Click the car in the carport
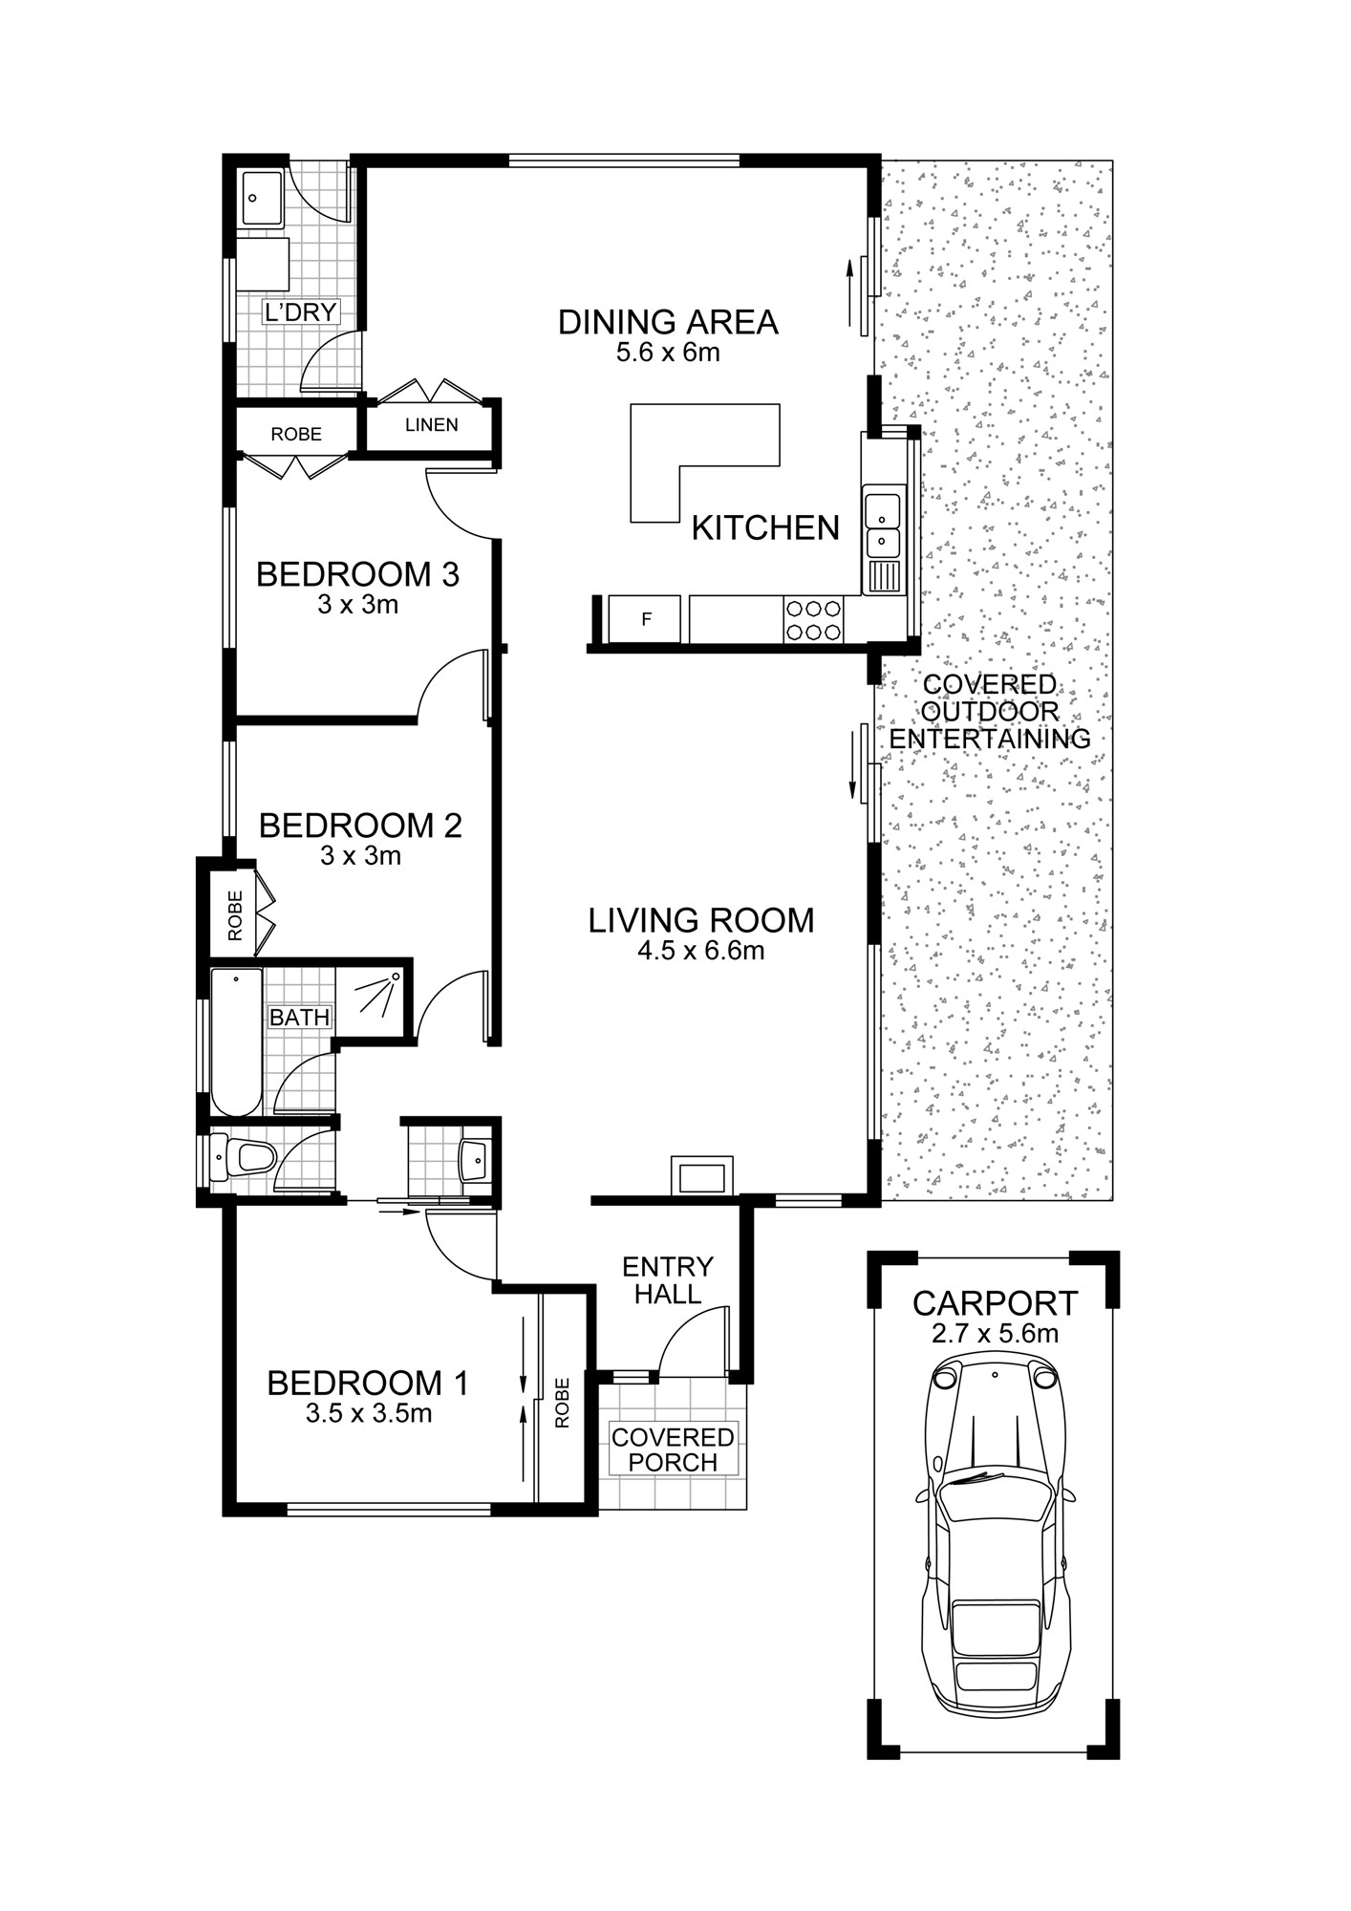click(x=994, y=1535)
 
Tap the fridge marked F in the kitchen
click(x=645, y=619)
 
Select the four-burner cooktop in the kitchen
click(x=813, y=618)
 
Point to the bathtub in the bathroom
click(x=236, y=1041)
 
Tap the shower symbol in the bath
click(x=375, y=997)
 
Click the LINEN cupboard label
click(x=432, y=424)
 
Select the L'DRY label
click(x=300, y=312)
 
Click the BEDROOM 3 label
click(x=357, y=574)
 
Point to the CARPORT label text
click(x=995, y=1303)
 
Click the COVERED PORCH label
click(x=674, y=1449)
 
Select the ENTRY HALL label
click(x=668, y=1280)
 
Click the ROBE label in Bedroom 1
click(x=563, y=1403)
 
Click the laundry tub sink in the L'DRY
click(x=262, y=199)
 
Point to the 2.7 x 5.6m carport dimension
click(x=995, y=1333)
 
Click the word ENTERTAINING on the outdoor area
click(x=990, y=739)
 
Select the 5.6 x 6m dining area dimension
click(x=668, y=353)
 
